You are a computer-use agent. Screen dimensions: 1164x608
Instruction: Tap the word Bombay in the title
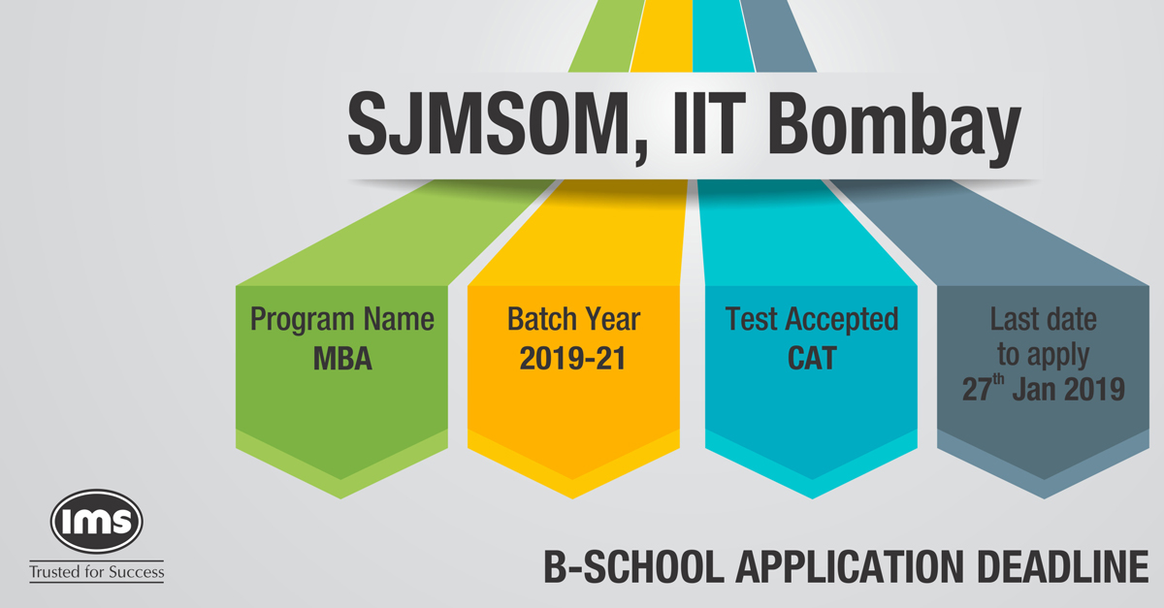[x=894, y=129]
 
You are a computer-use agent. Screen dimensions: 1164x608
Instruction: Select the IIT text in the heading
[x=709, y=124]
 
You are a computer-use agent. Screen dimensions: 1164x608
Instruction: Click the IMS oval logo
[x=97, y=522]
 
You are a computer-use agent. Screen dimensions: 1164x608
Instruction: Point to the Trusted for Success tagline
[x=97, y=572]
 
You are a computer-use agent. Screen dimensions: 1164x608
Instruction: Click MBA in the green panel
[x=342, y=359]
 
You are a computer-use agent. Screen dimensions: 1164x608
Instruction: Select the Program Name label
[x=341, y=320]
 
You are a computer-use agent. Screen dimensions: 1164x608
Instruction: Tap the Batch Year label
[x=573, y=319]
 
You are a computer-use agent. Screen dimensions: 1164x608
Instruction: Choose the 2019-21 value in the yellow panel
[x=572, y=359]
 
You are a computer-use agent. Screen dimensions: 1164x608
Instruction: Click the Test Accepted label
[x=812, y=320]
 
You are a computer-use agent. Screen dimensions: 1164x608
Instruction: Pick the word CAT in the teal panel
[x=812, y=359]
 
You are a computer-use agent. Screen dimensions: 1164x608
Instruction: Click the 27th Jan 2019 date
[x=1044, y=388]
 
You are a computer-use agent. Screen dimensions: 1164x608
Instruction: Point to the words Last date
[x=1044, y=319]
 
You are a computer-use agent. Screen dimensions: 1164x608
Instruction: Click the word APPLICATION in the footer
[x=850, y=567]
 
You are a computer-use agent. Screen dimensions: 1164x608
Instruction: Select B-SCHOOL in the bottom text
[x=634, y=567]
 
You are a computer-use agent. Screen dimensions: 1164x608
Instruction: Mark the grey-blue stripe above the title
[x=778, y=37]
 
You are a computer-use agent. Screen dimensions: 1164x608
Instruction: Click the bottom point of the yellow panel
[x=573, y=498]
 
